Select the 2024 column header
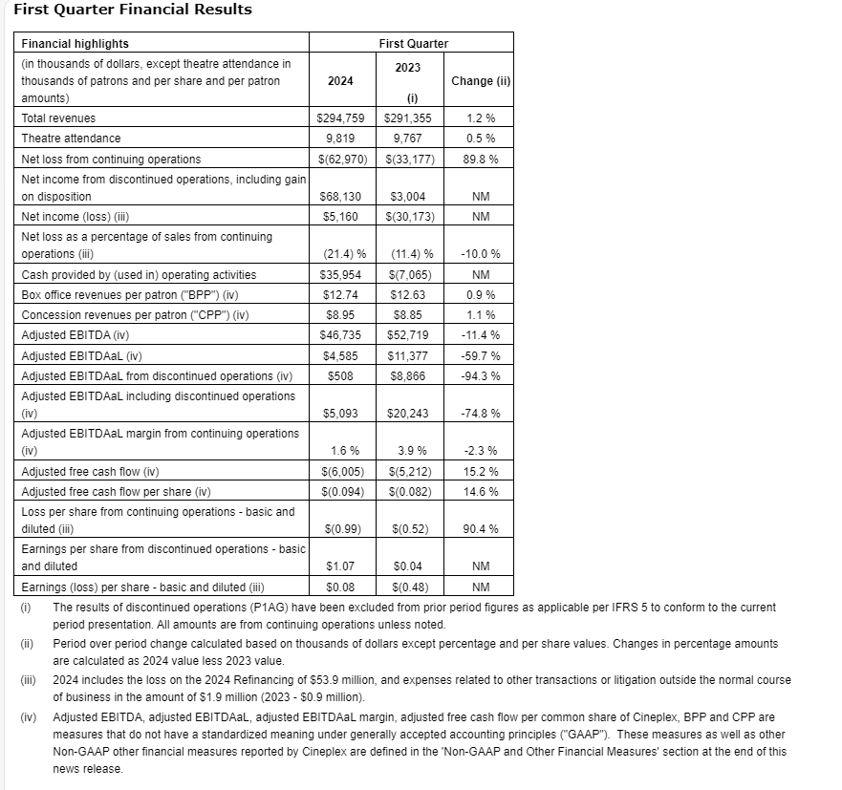[340, 81]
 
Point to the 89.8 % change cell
[481, 159]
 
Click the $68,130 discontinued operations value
[343, 197]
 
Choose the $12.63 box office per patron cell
[413, 295]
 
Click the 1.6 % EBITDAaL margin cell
[343, 451]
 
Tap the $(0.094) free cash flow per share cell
[343, 491]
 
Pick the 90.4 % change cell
[481, 528]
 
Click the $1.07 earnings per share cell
[341, 566]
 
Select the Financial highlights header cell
[76, 44]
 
